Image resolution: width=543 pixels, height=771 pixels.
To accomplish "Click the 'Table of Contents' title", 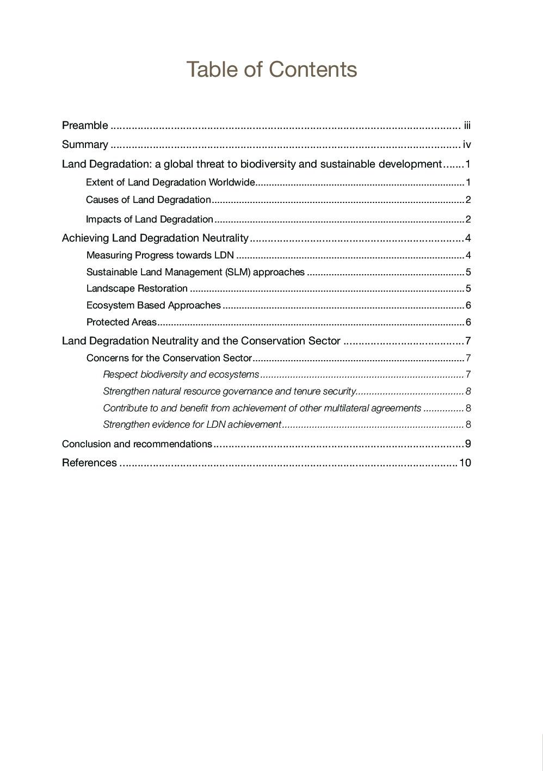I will [271, 70].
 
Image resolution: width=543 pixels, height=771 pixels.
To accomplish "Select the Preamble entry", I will [85, 126].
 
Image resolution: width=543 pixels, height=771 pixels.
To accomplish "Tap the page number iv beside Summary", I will [466, 145].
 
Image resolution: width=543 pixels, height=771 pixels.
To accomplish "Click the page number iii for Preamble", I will [467, 126].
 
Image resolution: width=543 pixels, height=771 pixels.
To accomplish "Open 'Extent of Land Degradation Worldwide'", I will [170, 182].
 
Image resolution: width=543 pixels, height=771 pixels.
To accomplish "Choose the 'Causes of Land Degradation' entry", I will [148, 200].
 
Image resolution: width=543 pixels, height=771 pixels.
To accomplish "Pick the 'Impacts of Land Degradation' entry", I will [149, 219].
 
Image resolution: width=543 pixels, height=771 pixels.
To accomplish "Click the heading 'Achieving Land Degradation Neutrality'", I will [155, 238].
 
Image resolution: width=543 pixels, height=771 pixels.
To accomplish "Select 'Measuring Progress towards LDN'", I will [160, 255].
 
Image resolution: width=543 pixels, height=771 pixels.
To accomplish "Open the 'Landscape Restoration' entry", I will [137, 288].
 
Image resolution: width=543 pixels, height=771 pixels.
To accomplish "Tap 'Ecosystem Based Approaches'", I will [153, 305].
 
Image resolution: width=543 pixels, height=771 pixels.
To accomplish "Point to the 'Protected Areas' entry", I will [121, 322].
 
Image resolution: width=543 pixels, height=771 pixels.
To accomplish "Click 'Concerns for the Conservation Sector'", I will [169, 358].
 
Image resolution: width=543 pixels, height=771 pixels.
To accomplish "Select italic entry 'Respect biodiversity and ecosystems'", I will [181, 374].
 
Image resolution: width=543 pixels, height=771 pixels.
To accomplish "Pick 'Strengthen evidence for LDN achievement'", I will [192, 424].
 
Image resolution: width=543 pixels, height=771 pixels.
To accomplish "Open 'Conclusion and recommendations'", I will [137, 444].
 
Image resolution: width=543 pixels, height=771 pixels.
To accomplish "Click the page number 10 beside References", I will [465, 463].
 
